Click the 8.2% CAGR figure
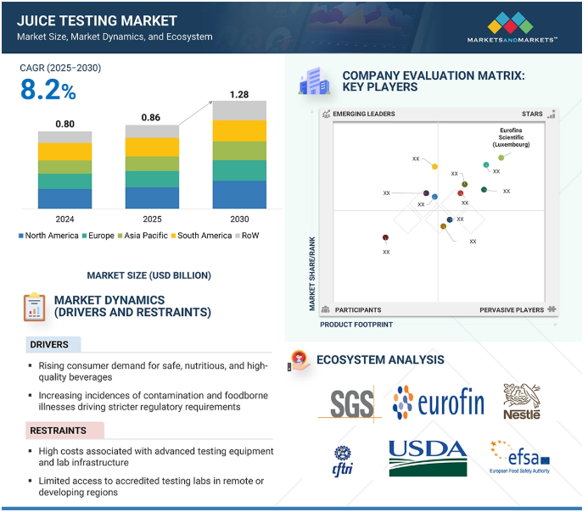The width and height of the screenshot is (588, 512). (x=48, y=90)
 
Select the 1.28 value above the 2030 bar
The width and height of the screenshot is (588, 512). (x=239, y=94)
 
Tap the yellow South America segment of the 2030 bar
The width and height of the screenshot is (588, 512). (x=239, y=131)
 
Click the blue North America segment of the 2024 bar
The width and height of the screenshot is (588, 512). (x=64, y=198)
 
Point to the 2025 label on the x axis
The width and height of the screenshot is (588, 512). (x=152, y=219)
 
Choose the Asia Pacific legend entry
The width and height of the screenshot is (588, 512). (x=143, y=236)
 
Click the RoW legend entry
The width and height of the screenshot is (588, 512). (x=247, y=236)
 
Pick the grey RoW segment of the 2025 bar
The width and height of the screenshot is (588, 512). (x=152, y=131)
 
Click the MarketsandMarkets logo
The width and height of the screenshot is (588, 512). (x=512, y=27)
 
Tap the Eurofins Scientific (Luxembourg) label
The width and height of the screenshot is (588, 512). (x=511, y=137)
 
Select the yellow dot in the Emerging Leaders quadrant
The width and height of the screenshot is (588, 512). (x=434, y=167)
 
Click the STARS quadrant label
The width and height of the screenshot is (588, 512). (x=532, y=114)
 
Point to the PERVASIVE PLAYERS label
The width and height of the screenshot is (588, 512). (x=512, y=310)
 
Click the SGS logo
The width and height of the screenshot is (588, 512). (x=351, y=403)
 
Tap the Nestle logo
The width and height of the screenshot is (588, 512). (x=522, y=401)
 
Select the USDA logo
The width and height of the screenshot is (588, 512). (x=428, y=458)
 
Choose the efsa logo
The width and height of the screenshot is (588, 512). (x=520, y=457)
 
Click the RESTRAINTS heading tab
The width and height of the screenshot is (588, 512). (x=59, y=431)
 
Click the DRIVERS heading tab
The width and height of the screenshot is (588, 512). (x=53, y=344)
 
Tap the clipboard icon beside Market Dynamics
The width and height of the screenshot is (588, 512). (x=34, y=307)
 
